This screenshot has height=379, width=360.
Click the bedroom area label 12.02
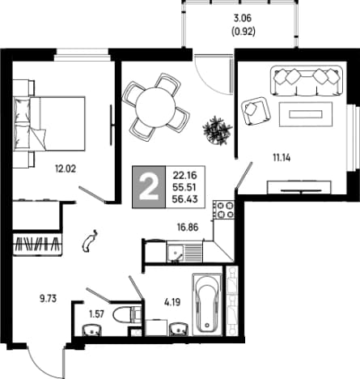(x=66, y=169)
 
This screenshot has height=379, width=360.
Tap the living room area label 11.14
(x=282, y=158)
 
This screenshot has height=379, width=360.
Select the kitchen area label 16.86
(x=188, y=228)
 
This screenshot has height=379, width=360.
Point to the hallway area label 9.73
(x=49, y=299)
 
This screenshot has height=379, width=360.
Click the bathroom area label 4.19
(x=172, y=302)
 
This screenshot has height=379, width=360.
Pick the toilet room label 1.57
(x=96, y=314)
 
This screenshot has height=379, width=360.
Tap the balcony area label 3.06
(x=243, y=19)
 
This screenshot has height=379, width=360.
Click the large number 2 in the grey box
(x=148, y=187)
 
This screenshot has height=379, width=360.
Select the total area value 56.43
(x=185, y=199)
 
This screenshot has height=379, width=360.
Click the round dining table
(x=155, y=107)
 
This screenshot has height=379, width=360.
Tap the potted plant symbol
(x=217, y=130)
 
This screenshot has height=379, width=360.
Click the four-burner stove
(x=223, y=210)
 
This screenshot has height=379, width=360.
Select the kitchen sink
(x=184, y=251)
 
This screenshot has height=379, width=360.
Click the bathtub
(x=207, y=304)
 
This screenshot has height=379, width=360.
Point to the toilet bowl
(x=126, y=315)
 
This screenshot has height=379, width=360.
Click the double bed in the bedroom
(x=49, y=123)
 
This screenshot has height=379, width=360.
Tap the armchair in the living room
(x=256, y=111)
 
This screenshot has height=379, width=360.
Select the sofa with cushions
(x=307, y=80)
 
